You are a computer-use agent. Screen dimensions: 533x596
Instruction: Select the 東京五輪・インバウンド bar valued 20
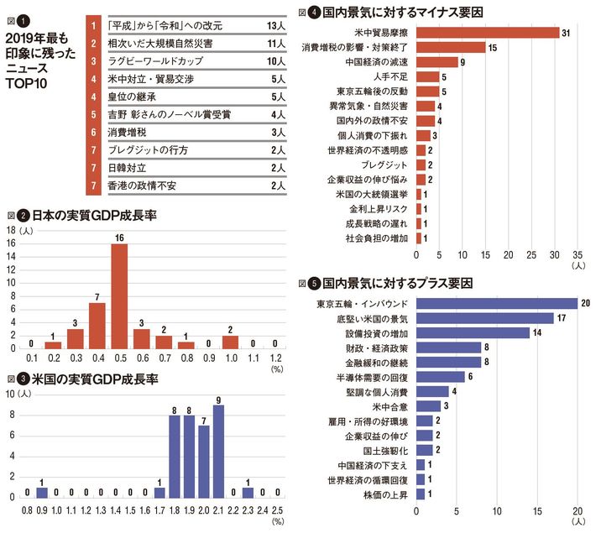pos(496,303)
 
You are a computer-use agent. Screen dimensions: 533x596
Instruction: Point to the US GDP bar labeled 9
pos(218,450)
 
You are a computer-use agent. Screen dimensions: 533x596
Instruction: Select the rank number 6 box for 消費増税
pos(92,132)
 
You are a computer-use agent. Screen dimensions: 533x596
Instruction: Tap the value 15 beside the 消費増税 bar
pos(492,48)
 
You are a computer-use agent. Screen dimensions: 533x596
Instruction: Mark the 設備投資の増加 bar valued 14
pos(473,332)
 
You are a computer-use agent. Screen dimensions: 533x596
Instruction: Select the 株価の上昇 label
pos(389,494)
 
